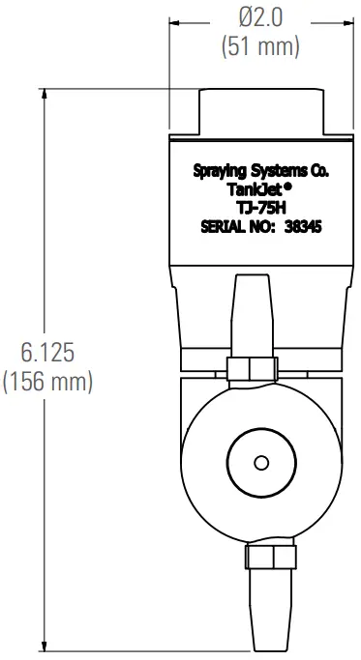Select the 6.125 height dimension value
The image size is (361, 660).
(x=47, y=350)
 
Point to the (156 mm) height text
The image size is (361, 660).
(x=47, y=381)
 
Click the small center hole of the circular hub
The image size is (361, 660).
(x=258, y=463)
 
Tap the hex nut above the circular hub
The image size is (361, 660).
(x=258, y=368)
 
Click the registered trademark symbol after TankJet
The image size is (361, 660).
(x=287, y=187)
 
